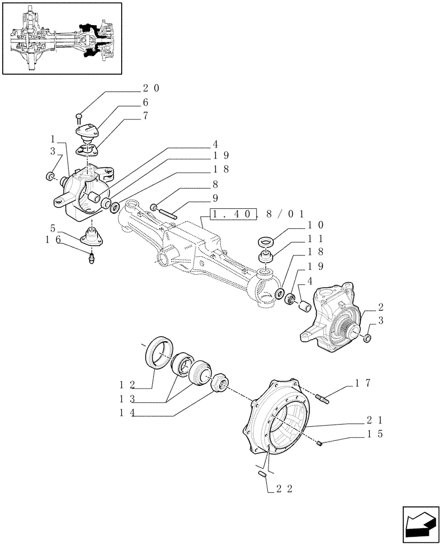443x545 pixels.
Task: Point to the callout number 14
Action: coord(129,413)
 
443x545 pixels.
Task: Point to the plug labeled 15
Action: coord(321,443)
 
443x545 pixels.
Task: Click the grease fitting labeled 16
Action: coord(92,258)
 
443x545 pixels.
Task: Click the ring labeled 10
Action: coord(266,241)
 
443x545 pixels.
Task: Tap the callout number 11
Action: coord(319,239)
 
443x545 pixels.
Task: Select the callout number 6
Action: coord(146,102)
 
